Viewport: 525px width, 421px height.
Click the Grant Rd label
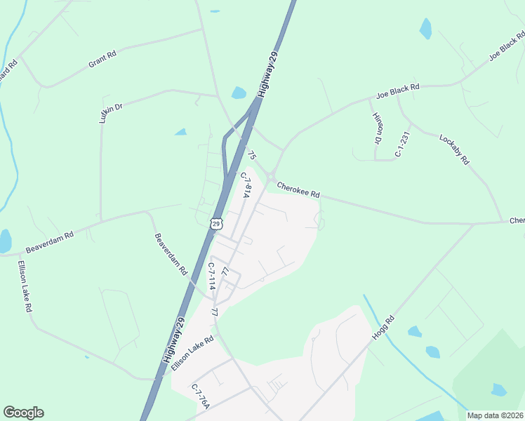tap(102, 59)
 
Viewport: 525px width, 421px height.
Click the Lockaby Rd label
tap(453, 149)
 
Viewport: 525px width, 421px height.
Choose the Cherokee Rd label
tap(298, 190)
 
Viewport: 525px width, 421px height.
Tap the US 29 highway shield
tap(216, 224)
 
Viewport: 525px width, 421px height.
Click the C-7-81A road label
tap(245, 185)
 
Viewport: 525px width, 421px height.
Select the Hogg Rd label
tap(384, 328)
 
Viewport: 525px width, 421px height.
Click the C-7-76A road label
tap(200, 397)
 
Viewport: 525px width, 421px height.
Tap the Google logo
tap(23, 413)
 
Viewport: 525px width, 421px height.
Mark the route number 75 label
tap(252, 156)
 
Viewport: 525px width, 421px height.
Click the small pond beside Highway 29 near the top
tap(239, 93)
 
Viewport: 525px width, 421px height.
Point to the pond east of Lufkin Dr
tap(181, 131)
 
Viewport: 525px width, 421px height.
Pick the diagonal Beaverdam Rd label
tap(171, 253)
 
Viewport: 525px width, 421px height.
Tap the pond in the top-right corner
tap(425, 29)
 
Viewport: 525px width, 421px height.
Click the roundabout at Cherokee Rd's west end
tap(270, 176)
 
